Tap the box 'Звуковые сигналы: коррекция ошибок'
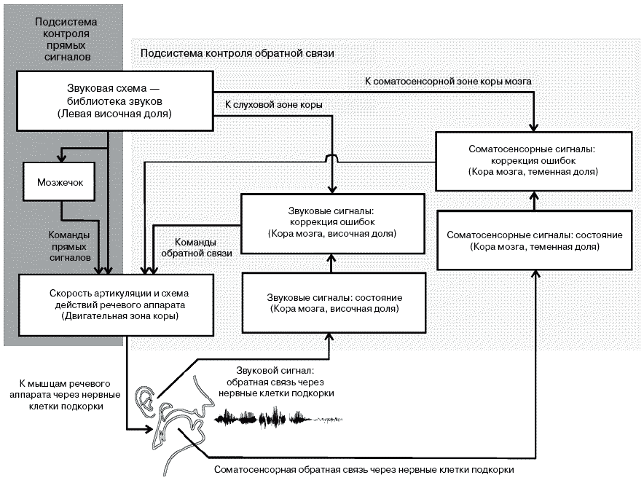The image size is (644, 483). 332,222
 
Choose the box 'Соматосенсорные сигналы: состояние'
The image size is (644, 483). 534,241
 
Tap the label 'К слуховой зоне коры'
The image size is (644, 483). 274,105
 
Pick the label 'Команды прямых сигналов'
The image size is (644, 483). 69,247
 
